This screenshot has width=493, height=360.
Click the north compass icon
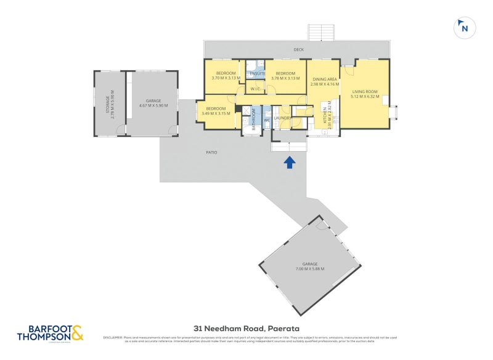click(464, 27)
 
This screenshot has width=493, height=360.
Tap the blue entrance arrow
click(290, 162)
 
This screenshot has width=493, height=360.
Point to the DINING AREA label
click(325, 80)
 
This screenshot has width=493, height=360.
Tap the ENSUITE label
click(257, 74)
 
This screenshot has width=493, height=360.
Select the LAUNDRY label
click(282, 118)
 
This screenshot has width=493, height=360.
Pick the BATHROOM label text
click(253, 119)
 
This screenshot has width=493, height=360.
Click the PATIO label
click(211, 152)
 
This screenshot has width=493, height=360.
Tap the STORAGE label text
click(108, 103)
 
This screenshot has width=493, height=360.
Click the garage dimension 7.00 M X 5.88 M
click(309, 269)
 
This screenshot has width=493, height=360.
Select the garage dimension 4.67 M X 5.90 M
click(153, 105)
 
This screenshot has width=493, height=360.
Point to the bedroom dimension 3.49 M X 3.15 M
click(216, 113)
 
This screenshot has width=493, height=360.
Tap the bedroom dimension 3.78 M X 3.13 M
click(285, 78)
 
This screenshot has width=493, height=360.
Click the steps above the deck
click(320, 33)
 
